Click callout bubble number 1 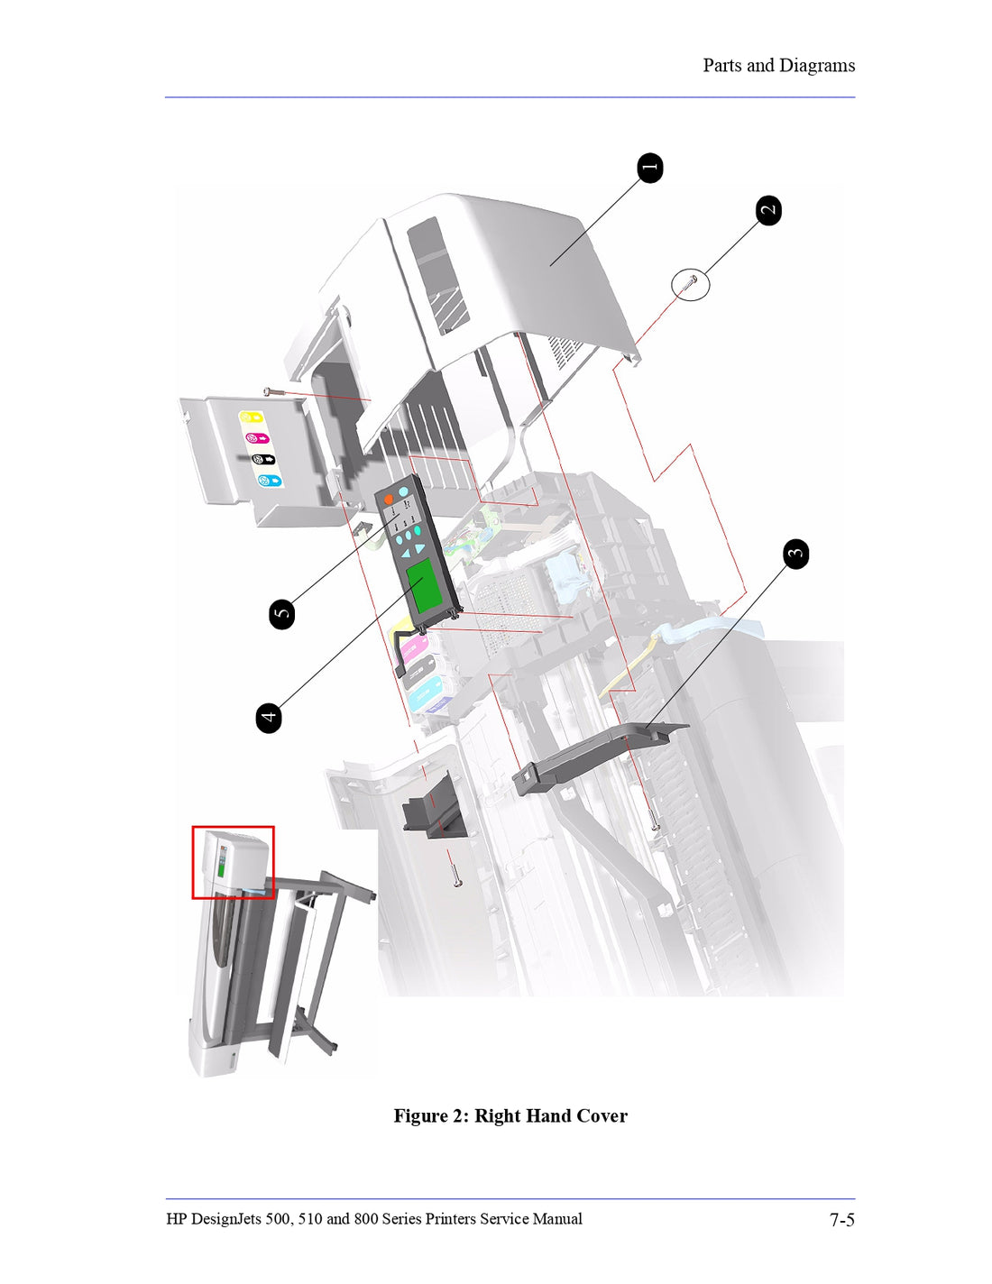click(x=650, y=168)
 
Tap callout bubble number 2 click(x=768, y=210)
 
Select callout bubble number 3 click(x=795, y=554)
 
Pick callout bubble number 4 click(x=269, y=718)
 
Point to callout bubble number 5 click(x=282, y=614)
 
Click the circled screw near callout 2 click(x=691, y=284)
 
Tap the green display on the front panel click(x=424, y=584)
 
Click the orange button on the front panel click(x=388, y=499)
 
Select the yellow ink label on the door click(x=251, y=417)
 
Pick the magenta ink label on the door click(x=257, y=438)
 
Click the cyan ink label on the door click(x=270, y=481)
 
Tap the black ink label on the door click(x=263, y=459)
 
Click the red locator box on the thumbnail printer click(x=233, y=862)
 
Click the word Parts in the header click(x=721, y=66)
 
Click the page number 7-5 click(x=841, y=1220)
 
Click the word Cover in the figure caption click(x=602, y=1116)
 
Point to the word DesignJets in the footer click(x=226, y=1219)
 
